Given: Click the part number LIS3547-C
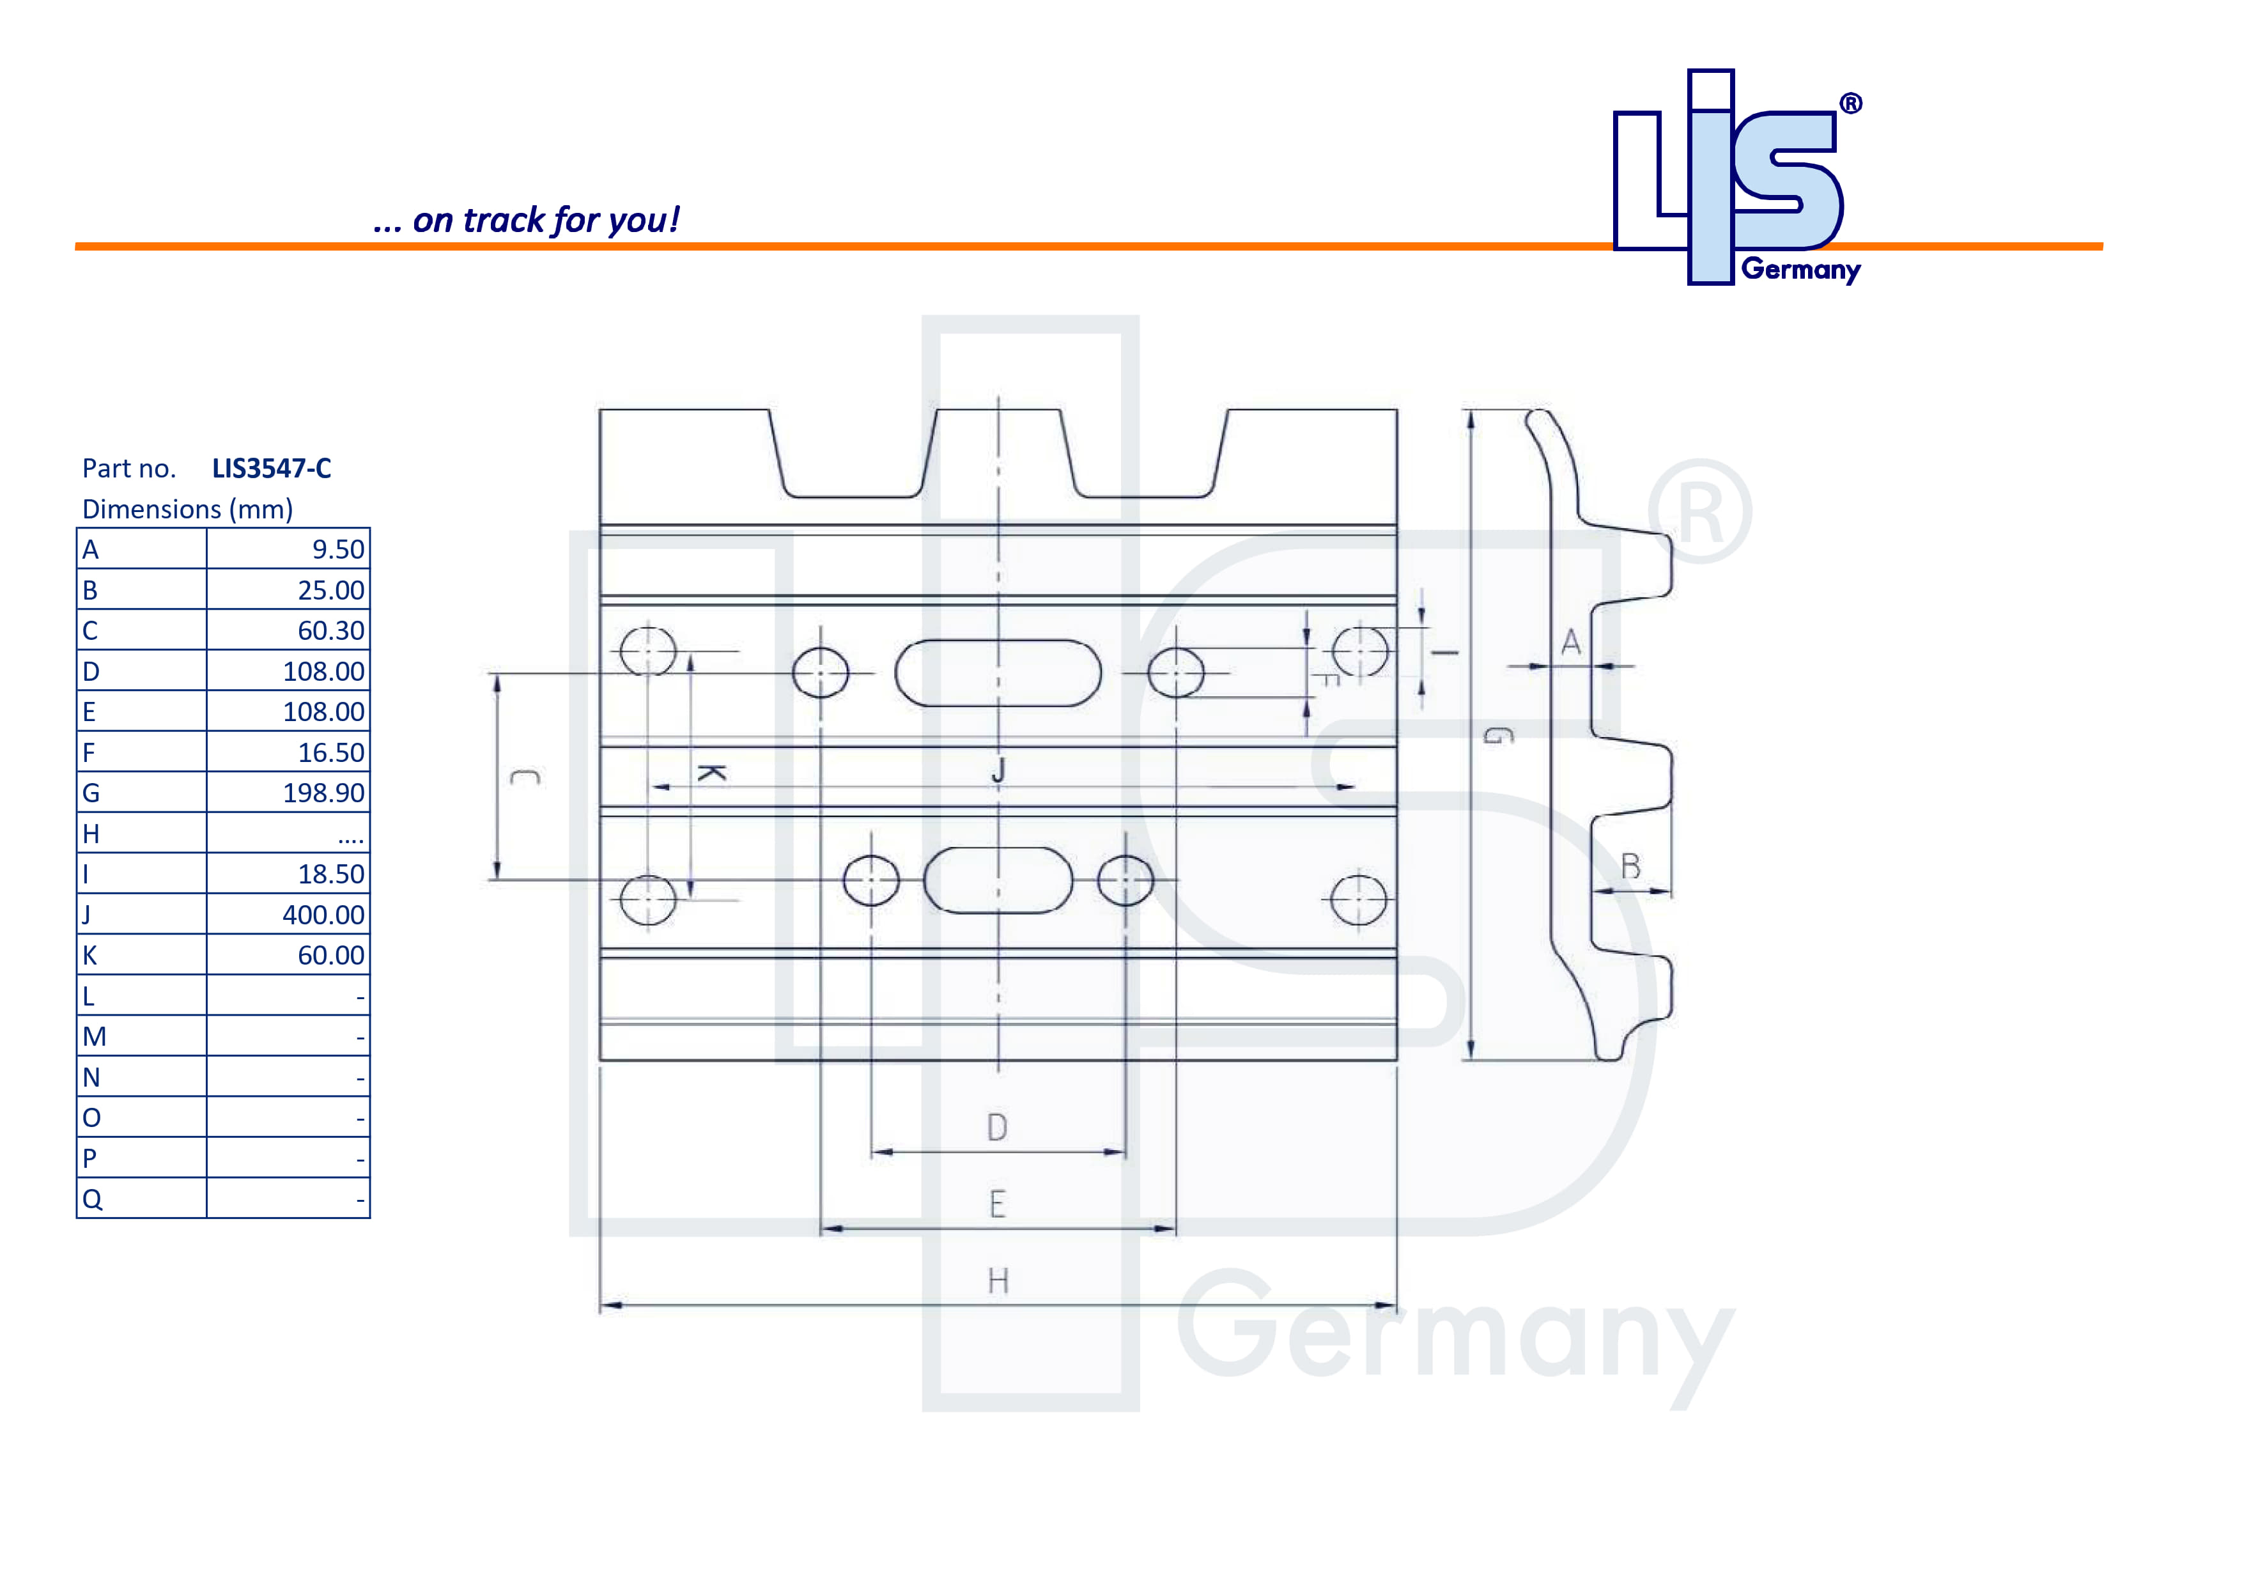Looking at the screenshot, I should pyautogui.click(x=272, y=469).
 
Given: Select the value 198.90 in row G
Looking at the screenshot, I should pyautogui.click(x=323, y=793).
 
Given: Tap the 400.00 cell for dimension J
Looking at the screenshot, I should pyautogui.click(x=323, y=915).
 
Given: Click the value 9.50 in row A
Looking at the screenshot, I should pyautogui.click(x=338, y=550).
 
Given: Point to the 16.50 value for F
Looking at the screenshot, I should pyautogui.click(x=331, y=753).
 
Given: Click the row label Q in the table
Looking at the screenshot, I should pyautogui.click(x=92, y=1199).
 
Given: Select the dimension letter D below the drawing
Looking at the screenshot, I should pyautogui.click(x=997, y=1128).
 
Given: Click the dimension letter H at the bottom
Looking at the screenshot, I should pyautogui.click(x=997, y=1281).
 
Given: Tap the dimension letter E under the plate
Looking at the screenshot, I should pyautogui.click(x=997, y=1204).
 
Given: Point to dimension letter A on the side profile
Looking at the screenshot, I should pyautogui.click(x=1570, y=642).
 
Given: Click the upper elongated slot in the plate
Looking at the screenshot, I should pyautogui.click(x=998, y=673).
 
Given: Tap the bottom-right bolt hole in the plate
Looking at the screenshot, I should pyautogui.click(x=1358, y=899).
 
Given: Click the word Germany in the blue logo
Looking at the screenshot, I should pyautogui.click(x=1800, y=270).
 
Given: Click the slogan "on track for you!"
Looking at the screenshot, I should pyautogui.click(x=527, y=221).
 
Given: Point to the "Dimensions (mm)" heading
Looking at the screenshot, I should pyautogui.click(x=187, y=509).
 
